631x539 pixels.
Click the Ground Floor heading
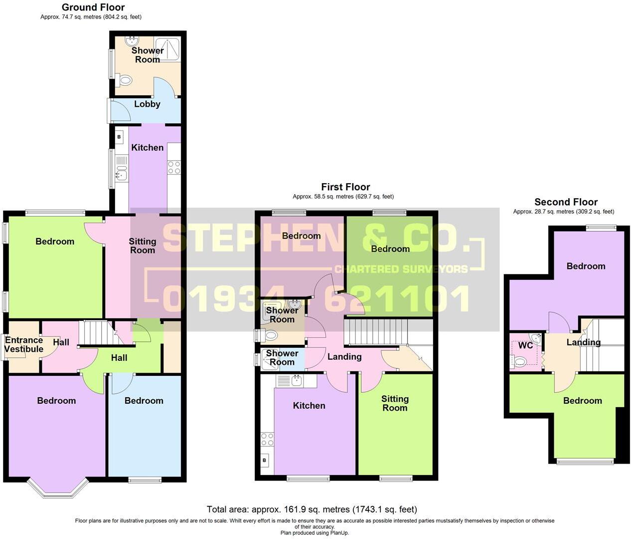point(93,7)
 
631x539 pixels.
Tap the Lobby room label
point(147,104)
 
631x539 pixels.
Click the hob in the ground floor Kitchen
point(174,167)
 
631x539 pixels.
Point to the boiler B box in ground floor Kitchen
point(119,136)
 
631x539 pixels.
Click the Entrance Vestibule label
point(23,344)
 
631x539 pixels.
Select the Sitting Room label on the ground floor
point(143,246)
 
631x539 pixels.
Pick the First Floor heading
point(345,187)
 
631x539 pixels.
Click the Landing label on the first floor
point(344,356)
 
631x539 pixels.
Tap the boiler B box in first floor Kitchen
point(265,460)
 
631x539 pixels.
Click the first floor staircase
point(376,332)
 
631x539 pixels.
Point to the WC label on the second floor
point(525,345)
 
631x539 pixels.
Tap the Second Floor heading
point(566,202)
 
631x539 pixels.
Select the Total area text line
point(312,510)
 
